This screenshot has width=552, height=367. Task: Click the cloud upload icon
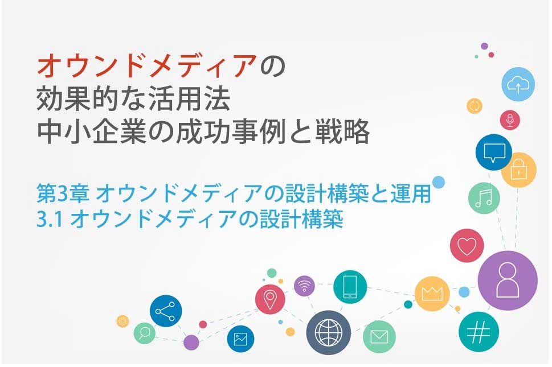pos(518,84)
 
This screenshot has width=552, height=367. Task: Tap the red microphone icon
pos(510,120)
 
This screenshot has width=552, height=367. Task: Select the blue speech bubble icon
pos(493,152)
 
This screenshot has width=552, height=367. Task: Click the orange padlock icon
pos(518,170)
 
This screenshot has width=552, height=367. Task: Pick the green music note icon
pos(484,198)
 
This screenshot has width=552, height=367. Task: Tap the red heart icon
pos(467,245)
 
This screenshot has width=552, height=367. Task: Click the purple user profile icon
pos(508,281)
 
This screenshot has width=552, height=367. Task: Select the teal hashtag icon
pos(479,332)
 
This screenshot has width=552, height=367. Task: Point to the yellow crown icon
pos(432,294)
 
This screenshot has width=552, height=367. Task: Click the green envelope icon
pos(379,337)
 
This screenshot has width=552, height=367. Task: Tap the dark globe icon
pos(329,332)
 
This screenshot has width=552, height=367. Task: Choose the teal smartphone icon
pos(350,287)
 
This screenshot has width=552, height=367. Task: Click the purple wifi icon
pos(304,286)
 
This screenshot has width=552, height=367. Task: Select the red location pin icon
pos(270,299)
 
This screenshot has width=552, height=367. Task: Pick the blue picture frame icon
pos(240,339)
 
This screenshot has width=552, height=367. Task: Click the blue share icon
pos(165,311)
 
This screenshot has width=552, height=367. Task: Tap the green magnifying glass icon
pos(144,333)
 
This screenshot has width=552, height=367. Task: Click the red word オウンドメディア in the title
pos(147,66)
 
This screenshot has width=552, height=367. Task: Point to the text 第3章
pos(63,193)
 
